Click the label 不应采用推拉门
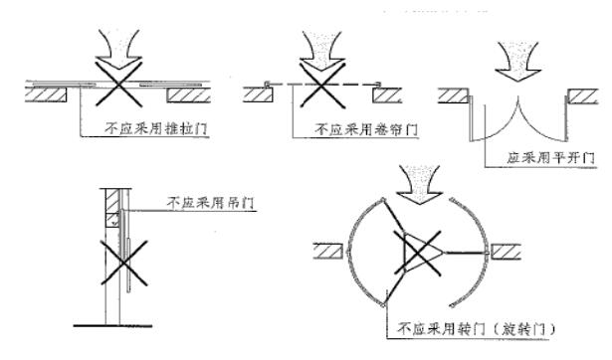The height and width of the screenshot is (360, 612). coord(155,128)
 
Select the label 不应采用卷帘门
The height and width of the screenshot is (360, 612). coord(366,129)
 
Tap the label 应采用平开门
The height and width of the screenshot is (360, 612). coord(551,158)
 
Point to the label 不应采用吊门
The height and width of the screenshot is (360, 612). coord(211,203)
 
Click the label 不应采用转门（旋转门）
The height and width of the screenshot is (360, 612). coord(476,330)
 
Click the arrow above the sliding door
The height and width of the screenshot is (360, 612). coord(118,50)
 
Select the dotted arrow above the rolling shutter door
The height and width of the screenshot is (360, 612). coord(321,52)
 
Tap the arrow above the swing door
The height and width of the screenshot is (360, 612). coord(517,61)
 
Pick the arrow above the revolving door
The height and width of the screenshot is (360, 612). coord(419,185)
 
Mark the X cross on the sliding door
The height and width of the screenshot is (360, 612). coord(118,84)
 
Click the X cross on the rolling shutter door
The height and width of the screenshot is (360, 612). coord(322,86)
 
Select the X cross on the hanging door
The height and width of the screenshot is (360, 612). coord(124,263)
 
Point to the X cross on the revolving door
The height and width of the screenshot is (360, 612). coord(418,254)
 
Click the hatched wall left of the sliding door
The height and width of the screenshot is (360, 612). coord(46,95)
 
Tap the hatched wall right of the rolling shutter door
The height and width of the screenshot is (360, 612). coord(387,95)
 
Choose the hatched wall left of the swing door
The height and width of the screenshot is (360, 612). coord(453,95)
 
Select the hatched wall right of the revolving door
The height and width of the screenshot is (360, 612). coord(506,252)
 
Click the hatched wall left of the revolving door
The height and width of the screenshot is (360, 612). coord(328,251)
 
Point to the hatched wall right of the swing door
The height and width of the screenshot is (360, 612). coord(582,96)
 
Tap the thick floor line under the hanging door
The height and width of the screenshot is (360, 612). coord(112,325)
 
